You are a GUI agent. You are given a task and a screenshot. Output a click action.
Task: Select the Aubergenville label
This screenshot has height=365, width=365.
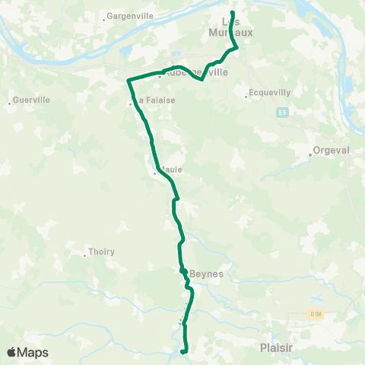(195, 73)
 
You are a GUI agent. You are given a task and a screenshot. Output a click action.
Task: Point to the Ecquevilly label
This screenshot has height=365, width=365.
(267, 96)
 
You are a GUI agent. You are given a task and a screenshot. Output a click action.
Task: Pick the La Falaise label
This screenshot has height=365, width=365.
(150, 100)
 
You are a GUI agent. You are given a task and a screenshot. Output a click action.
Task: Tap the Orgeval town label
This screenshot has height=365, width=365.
(332, 151)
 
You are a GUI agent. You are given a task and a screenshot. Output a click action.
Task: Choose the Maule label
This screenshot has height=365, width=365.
(170, 170)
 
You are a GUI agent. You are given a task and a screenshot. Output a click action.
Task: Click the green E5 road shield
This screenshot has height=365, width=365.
(282, 113)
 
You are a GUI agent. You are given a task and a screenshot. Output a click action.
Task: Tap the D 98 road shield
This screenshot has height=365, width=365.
(316, 313)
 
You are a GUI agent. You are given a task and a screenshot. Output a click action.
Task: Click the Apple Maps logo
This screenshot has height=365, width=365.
(27, 352)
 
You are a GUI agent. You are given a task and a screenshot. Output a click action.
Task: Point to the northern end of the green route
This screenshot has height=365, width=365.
(232, 12)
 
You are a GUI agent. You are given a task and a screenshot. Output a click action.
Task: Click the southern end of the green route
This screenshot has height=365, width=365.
(183, 352)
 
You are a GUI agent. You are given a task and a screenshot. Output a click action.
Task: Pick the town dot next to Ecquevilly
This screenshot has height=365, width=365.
(246, 96)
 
